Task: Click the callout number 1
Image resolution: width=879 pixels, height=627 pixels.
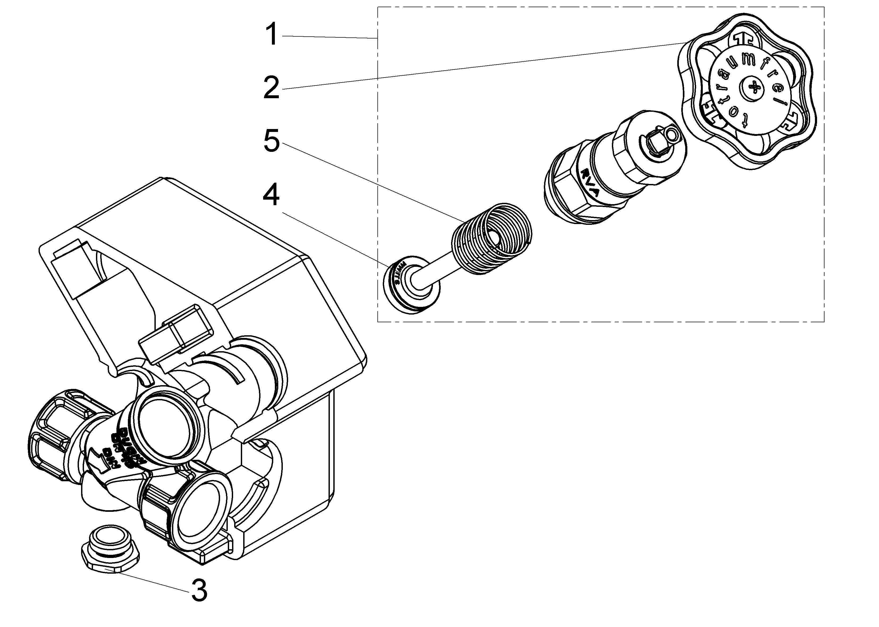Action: click(x=272, y=34)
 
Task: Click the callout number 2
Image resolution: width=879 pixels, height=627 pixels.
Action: click(x=271, y=87)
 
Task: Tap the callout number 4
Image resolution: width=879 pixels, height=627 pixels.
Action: click(x=271, y=195)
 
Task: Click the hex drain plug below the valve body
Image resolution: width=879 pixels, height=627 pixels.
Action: click(x=111, y=552)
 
